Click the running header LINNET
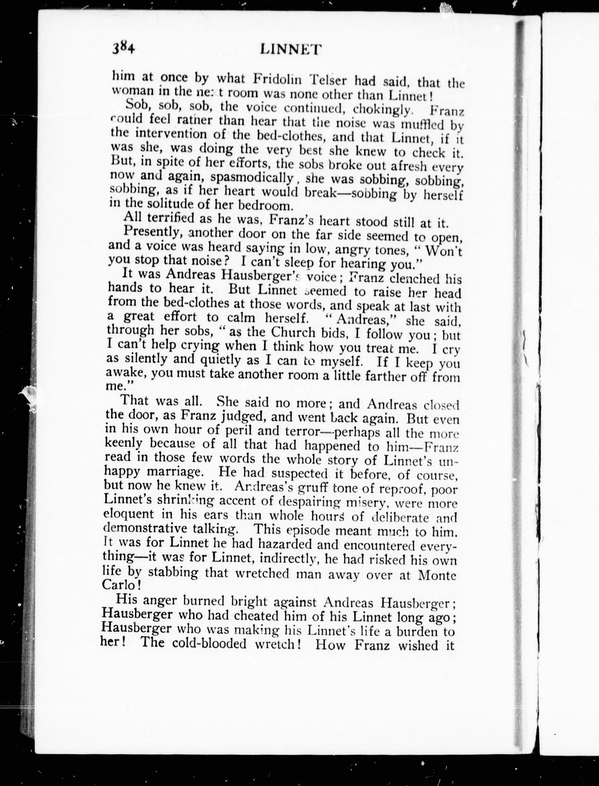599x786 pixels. click(291, 49)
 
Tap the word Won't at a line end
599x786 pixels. click(444, 251)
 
